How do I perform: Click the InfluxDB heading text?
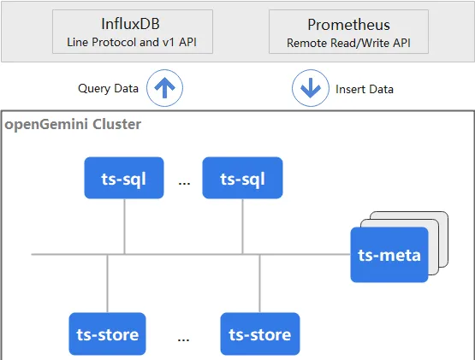point(130,24)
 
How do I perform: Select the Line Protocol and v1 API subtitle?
point(132,42)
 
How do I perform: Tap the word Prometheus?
point(348,25)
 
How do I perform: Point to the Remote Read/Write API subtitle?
point(348,43)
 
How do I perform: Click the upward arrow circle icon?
point(165,88)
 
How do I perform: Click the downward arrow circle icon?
point(311,88)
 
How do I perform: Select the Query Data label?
point(108,88)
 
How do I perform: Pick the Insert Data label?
point(365,89)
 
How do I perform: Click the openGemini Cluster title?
point(73,124)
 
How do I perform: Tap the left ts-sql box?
point(124,178)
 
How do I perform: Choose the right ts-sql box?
point(243,178)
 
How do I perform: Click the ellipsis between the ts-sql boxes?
point(184,183)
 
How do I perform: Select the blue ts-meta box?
point(389,255)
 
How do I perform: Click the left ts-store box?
point(107,333)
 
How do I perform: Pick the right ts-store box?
point(260,333)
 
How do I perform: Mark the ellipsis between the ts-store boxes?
point(183,339)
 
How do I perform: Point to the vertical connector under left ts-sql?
point(124,227)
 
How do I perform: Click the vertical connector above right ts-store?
point(259,283)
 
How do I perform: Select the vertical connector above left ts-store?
point(107,283)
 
